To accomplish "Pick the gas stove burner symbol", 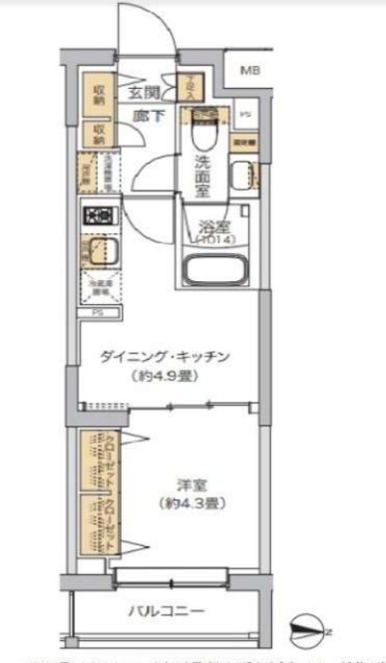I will click(x=100, y=215).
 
